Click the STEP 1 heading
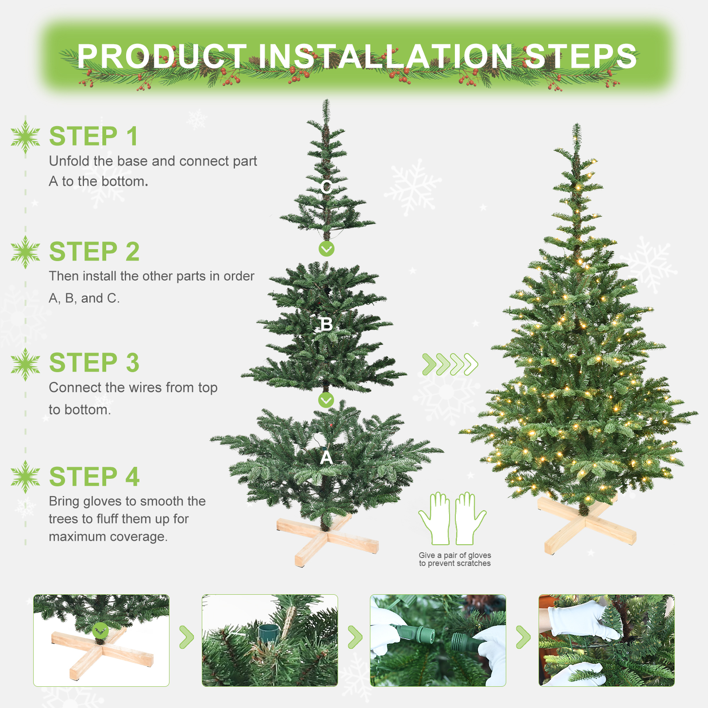point(94,136)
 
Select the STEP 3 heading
point(94,363)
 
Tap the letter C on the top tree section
point(327,187)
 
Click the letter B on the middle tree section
point(327,324)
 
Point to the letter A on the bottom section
point(327,458)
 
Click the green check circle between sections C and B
point(327,249)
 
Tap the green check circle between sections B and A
point(327,400)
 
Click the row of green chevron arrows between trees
point(450,364)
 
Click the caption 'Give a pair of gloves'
point(455,555)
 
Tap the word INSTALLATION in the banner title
point(385,56)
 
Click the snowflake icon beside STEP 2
point(26,252)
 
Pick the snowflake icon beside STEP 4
point(26,477)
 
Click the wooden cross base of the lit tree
point(586,524)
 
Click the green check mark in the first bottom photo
point(100,630)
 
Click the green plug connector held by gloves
point(414,634)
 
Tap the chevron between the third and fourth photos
point(523,637)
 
